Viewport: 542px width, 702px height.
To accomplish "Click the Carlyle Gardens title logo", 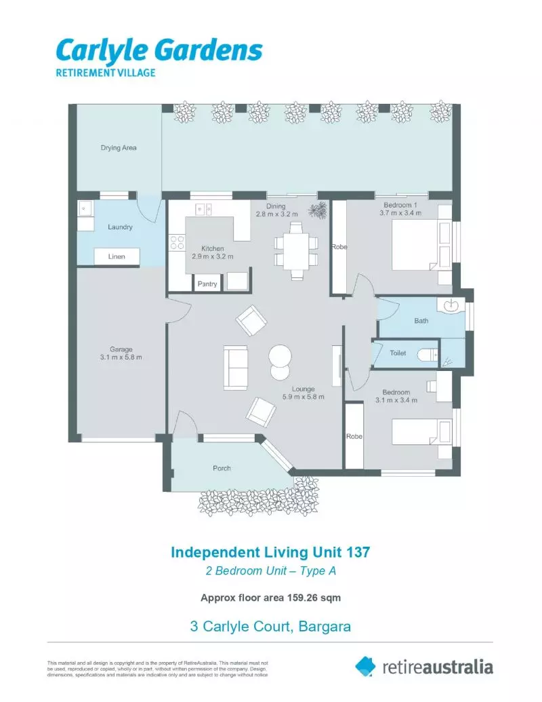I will [x=159, y=51].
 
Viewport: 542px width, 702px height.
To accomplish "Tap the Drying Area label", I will [x=119, y=147].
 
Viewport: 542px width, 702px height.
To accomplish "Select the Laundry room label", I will [x=120, y=227].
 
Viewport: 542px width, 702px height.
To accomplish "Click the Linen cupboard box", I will [x=116, y=257].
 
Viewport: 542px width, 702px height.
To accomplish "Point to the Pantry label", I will [x=207, y=284].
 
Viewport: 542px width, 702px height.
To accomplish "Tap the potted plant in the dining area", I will [x=316, y=211].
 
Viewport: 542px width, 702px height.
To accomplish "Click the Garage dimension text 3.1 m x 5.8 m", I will [x=121, y=357].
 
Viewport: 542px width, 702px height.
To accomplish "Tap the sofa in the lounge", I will [x=236, y=367].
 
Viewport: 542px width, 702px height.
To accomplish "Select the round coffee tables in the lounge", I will [x=279, y=362].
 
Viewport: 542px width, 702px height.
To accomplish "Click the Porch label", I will [x=222, y=468].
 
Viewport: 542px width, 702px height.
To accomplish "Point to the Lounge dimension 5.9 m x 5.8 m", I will [x=304, y=397].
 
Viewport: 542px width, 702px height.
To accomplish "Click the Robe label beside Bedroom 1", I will [x=339, y=248].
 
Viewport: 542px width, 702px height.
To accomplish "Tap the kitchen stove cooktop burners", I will [x=176, y=243].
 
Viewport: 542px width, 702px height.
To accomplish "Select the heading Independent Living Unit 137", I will [x=270, y=552].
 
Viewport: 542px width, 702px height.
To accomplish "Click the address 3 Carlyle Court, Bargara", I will [x=270, y=626].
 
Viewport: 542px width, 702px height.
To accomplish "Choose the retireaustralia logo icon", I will [x=366, y=666].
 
